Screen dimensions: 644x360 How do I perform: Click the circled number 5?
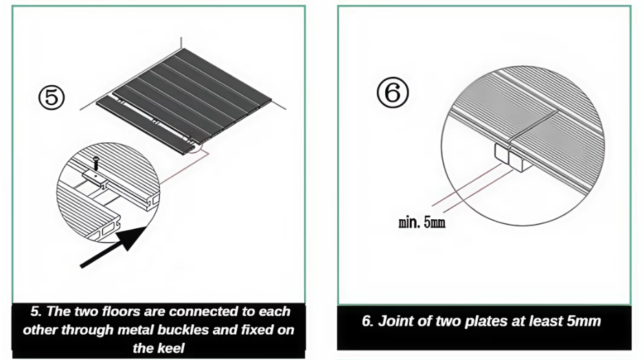tap(51, 98)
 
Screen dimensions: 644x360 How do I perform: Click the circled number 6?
tap(393, 93)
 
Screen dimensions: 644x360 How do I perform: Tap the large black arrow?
tap(113, 247)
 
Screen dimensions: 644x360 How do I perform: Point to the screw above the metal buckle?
tap(96, 163)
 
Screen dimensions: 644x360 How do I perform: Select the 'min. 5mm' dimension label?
tap(422, 223)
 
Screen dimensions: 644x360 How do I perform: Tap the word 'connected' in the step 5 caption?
tap(204, 311)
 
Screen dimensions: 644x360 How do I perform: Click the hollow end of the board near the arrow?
tap(105, 231)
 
